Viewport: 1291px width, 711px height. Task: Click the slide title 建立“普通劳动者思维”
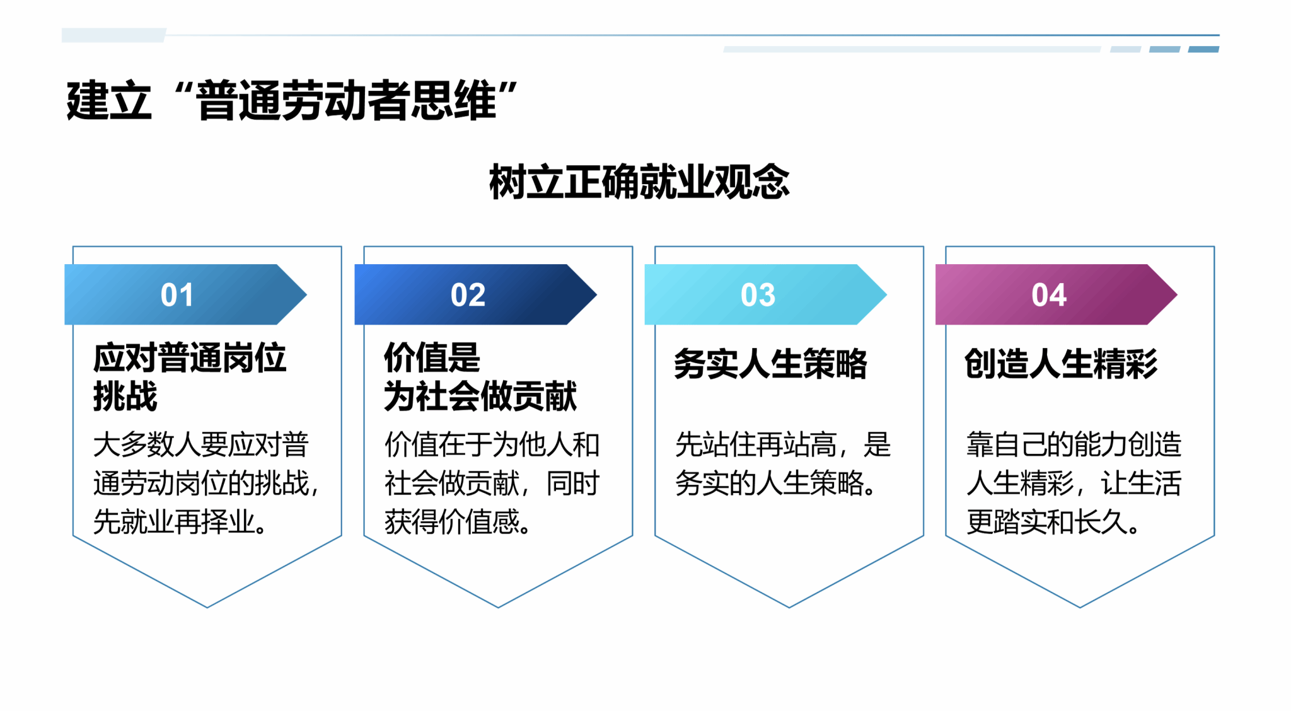coord(291,100)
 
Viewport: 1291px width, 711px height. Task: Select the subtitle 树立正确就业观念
coord(639,182)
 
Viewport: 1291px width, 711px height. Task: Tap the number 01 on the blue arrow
coord(177,295)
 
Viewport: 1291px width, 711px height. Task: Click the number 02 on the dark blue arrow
coord(468,295)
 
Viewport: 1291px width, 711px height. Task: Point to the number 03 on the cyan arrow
coord(758,295)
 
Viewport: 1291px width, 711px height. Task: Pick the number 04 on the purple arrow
coord(1049,295)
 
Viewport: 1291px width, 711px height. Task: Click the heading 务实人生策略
coord(770,364)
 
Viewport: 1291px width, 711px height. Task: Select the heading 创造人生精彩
coord(1061,364)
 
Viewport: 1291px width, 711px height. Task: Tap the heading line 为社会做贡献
coord(480,396)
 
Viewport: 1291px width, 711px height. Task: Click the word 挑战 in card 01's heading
coord(125,396)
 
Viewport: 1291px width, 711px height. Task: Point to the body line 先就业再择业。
coord(180,522)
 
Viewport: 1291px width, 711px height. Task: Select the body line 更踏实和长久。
coord(1053,522)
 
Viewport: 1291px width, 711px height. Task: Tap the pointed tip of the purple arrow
coord(1177,294)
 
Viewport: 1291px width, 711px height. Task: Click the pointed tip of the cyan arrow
coord(886,294)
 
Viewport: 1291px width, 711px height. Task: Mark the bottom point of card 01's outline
coord(207,607)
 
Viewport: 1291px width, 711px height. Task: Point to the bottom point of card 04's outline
coord(1080,607)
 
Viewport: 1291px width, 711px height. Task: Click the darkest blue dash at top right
coord(1203,49)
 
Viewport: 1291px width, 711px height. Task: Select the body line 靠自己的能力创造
coord(1074,445)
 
